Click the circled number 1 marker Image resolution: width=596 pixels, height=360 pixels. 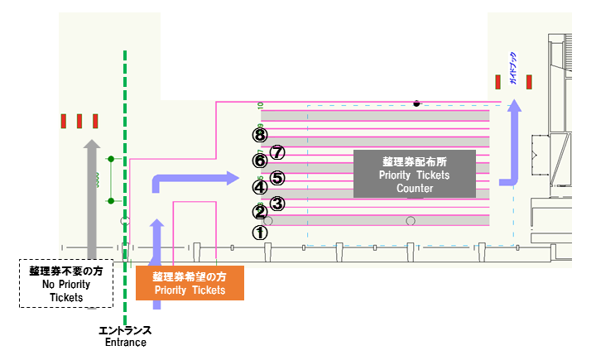click(x=260, y=233)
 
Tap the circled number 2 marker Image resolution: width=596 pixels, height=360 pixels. click(x=260, y=213)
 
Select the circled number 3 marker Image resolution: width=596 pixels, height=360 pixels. click(x=278, y=203)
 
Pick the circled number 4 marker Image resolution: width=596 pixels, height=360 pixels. click(x=260, y=187)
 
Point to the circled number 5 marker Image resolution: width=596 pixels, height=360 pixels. click(x=278, y=177)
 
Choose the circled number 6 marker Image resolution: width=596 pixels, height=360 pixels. click(x=260, y=161)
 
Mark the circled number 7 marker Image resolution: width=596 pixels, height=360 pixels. click(x=278, y=152)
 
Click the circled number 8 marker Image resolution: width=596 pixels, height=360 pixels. click(x=260, y=134)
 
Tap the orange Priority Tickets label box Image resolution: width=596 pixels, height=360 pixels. click(x=190, y=283)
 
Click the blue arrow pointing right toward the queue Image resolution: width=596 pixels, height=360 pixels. click(x=199, y=177)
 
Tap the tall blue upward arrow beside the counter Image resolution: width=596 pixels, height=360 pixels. click(x=514, y=141)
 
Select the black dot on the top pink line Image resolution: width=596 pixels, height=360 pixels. click(x=416, y=103)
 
